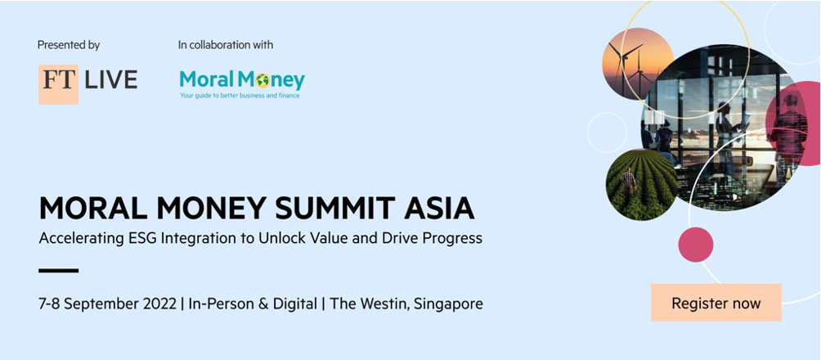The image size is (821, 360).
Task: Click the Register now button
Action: tap(716, 303)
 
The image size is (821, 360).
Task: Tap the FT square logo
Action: tap(58, 83)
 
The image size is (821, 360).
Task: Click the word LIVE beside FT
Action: tap(110, 80)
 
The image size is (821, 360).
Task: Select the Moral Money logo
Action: tap(242, 83)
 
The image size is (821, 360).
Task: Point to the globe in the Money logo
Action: tap(262, 81)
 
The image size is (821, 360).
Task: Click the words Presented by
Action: tap(69, 45)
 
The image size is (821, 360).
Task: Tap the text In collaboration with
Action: tap(226, 45)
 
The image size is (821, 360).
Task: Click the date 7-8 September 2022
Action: tap(107, 304)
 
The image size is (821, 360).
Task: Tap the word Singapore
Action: tap(448, 304)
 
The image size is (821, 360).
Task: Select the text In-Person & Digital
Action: tap(253, 304)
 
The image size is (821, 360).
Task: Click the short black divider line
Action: tap(59, 270)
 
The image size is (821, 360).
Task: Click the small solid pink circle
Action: tap(696, 244)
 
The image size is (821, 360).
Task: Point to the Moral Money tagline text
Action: tap(240, 96)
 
